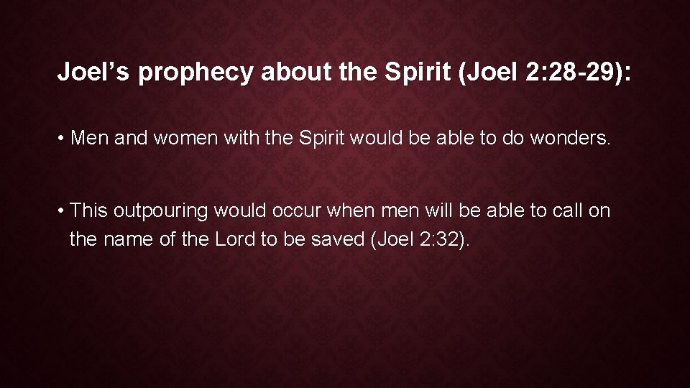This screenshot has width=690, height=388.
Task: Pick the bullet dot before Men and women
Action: tap(62, 137)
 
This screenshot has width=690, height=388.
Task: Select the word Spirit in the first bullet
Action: tap(318, 137)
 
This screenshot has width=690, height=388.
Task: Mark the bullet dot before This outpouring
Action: tap(62, 211)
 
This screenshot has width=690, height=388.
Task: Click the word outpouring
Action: tap(162, 211)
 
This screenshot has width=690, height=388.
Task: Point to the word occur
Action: tap(300, 211)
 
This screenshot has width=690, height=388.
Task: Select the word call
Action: tap(548, 211)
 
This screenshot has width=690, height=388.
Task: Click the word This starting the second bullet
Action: tap(89, 211)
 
